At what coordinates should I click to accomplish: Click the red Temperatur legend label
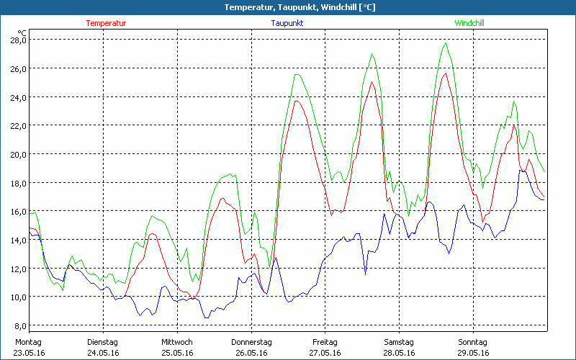pyautogui.click(x=106, y=23)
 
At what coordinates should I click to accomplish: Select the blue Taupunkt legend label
pyautogui.click(x=287, y=23)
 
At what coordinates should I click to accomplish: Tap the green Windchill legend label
pyautogui.click(x=469, y=23)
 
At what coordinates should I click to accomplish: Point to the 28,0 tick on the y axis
pyautogui.click(x=18, y=40)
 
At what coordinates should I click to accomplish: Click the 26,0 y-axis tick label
pyautogui.click(x=18, y=68)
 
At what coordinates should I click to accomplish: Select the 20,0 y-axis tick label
pyautogui.click(x=18, y=154)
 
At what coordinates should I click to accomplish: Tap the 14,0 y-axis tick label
pyautogui.click(x=18, y=240)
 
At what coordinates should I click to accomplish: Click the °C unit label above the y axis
pyautogui.click(x=22, y=32)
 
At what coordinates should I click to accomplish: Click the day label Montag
pyautogui.click(x=28, y=342)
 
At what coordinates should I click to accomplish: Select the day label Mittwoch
pyautogui.click(x=176, y=342)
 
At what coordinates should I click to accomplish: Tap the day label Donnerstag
pyautogui.click(x=251, y=342)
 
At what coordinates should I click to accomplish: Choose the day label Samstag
pyautogui.click(x=398, y=342)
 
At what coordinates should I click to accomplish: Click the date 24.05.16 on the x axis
pyautogui.click(x=102, y=353)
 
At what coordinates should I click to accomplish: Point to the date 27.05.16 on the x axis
pyautogui.click(x=325, y=353)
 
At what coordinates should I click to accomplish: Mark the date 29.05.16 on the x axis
pyautogui.click(x=473, y=353)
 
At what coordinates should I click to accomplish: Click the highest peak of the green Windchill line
pyautogui.click(x=446, y=43)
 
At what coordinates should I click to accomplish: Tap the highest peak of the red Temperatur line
pyautogui.click(x=446, y=73)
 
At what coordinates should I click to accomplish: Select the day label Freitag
pyautogui.click(x=325, y=342)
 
